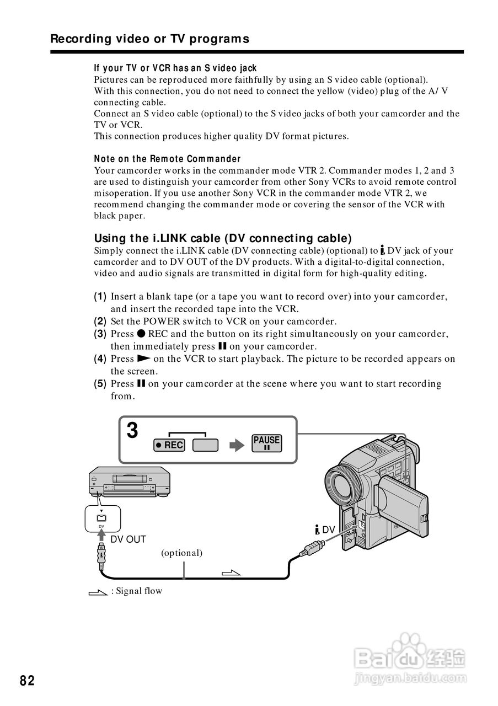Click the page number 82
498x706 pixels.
point(27,681)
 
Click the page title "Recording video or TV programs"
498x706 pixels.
point(149,39)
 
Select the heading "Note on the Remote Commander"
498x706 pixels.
point(167,159)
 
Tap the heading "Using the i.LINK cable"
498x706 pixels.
point(223,238)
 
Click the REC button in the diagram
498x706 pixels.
point(169,445)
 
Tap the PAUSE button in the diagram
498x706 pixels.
point(266,443)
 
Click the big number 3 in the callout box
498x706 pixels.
point(132,430)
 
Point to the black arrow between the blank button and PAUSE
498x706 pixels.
point(236,445)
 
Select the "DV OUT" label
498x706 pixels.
point(128,539)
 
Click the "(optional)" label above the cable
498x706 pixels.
point(181,552)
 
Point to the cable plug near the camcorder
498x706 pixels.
point(312,549)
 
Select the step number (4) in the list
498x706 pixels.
point(100,359)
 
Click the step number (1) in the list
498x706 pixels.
point(100,297)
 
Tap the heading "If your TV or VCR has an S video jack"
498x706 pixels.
point(175,68)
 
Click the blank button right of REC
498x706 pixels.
point(205,445)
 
